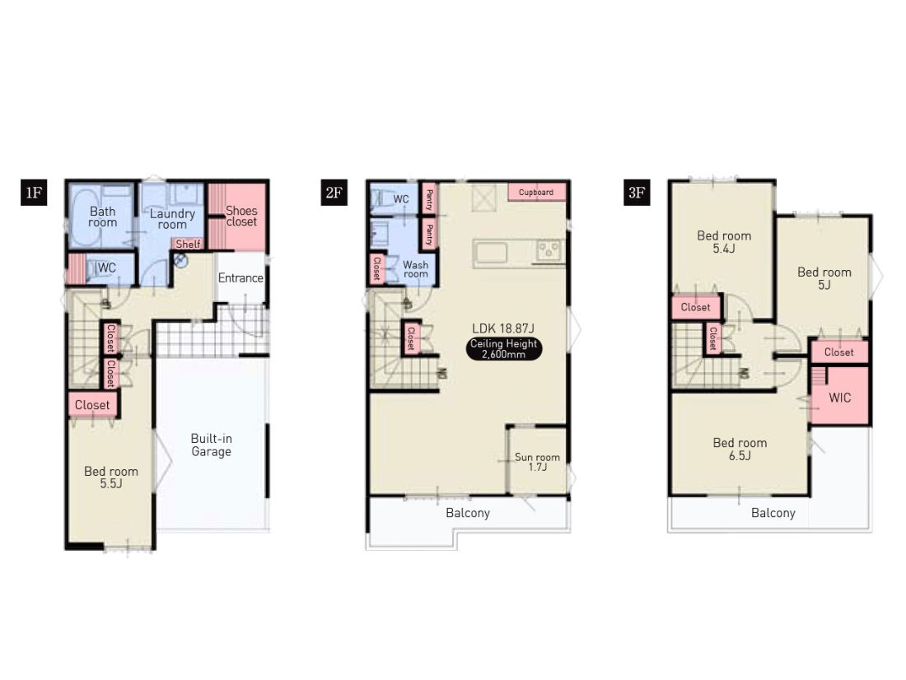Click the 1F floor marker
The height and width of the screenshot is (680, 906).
(34, 192)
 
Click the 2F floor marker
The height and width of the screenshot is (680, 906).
(334, 192)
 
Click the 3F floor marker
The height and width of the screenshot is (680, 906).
(637, 192)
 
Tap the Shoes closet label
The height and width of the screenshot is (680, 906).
(241, 216)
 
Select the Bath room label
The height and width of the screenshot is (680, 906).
(102, 217)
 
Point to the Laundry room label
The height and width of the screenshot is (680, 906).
(172, 219)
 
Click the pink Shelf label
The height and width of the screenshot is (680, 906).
(188, 244)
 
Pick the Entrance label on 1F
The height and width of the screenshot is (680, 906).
(241, 278)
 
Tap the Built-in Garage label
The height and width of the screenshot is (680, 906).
(212, 445)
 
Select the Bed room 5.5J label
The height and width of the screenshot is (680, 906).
(111, 477)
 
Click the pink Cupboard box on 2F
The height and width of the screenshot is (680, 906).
(536, 193)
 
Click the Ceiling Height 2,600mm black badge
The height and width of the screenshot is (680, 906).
(504, 349)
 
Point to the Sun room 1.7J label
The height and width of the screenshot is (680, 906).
(537, 462)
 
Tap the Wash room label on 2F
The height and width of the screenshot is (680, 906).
(415, 269)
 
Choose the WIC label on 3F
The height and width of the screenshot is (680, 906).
(839, 398)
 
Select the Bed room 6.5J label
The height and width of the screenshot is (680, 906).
(740, 449)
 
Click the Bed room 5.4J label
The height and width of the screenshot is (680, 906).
(724, 242)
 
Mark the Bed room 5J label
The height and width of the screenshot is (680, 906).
(824, 278)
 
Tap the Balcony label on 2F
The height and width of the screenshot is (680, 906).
(468, 513)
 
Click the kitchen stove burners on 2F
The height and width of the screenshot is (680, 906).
(549, 250)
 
